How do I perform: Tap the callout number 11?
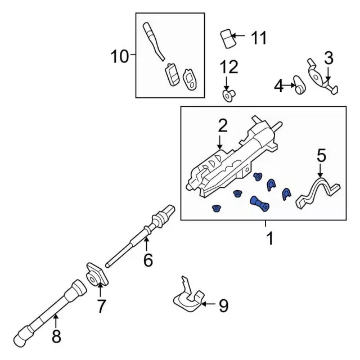click(258, 38)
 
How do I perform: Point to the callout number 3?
click(328, 57)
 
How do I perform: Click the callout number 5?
click(321, 154)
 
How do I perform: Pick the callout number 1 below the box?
click(269, 238)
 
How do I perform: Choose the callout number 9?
click(223, 305)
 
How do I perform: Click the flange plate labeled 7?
click(93, 275)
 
